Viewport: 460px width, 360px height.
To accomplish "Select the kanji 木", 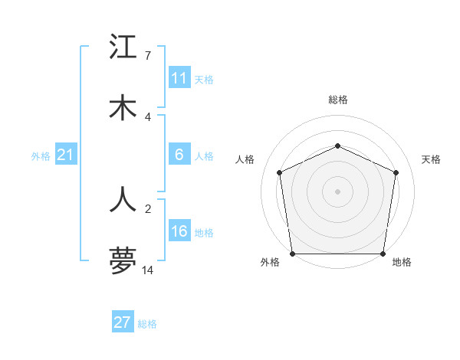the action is tap(123, 108).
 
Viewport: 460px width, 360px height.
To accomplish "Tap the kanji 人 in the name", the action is tap(123, 199).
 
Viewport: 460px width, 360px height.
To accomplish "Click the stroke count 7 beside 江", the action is tap(147, 55).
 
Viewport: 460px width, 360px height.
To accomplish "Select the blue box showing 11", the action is tap(179, 78).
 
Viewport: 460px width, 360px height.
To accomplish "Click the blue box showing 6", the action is tap(179, 155).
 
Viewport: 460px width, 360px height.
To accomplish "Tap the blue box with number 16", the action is tap(179, 231).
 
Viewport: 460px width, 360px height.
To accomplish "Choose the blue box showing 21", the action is tap(65, 155).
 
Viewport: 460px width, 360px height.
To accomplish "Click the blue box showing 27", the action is tap(123, 322).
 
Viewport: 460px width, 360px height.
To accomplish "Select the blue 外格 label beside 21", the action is tap(41, 155).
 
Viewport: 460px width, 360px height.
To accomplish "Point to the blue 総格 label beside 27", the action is tap(147, 324).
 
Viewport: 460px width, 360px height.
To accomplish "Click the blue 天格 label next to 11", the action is tap(204, 79).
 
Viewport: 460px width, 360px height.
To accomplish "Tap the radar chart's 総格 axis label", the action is tap(338, 100).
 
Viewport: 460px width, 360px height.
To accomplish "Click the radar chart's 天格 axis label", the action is tap(432, 159).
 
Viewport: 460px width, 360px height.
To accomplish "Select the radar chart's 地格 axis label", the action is tap(402, 263).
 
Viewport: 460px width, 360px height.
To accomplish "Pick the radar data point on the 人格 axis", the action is tap(280, 172).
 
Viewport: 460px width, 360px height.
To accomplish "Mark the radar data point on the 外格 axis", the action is tap(293, 254).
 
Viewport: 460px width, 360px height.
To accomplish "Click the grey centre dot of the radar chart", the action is tap(337, 191).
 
